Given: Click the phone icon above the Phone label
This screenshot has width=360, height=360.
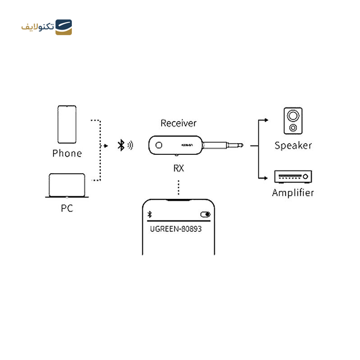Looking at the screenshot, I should tap(67, 124).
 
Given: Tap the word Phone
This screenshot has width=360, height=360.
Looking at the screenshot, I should tap(67, 153).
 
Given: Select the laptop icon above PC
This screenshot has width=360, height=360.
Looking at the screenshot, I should tap(67, 185).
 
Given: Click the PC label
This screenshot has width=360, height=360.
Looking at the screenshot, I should tap(67, 208).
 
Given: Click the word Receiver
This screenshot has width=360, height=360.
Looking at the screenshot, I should tap(178, 123).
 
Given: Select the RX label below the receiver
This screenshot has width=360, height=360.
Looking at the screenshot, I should tap(178, 168).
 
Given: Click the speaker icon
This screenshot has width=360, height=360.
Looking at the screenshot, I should tap(293, 121).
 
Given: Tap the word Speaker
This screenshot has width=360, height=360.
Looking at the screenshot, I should tap(293, 145).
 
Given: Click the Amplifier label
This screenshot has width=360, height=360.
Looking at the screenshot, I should tap(293, 193).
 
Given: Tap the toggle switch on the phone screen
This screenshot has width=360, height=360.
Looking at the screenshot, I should tap(205, 214).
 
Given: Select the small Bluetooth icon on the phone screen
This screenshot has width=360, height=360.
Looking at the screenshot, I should tap(150, 214).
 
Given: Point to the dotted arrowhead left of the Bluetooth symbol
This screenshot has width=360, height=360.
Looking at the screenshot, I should tap(108, 145).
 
